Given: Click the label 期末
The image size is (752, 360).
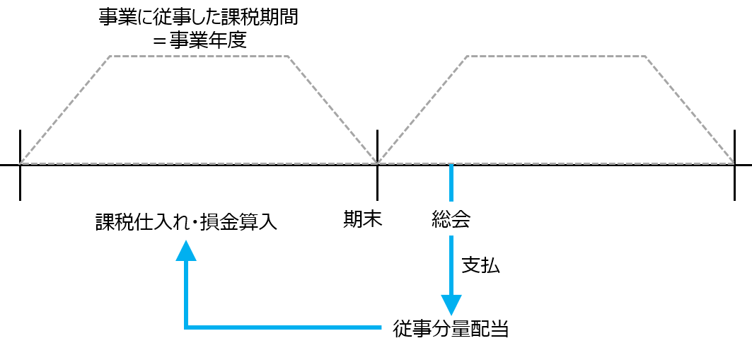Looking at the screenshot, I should [x=362, y=221].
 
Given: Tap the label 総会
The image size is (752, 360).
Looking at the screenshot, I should [x=451, y=221].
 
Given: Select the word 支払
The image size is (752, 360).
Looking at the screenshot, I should [x=480, y=265].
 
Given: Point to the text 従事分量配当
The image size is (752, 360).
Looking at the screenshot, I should [x=451, y=328].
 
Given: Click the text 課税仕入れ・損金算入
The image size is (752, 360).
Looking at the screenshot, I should [x=186, y=222].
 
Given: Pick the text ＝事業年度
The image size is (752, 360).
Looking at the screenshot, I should [x=199, y=40].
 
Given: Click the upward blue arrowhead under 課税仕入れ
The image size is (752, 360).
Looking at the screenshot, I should [x=186, y=250].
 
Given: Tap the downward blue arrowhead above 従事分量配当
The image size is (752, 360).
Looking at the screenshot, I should [x=451, y=304].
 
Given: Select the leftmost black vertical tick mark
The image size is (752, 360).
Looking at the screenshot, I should [x=21, y=165].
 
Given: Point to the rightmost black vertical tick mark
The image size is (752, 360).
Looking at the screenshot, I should [x=735, y=165].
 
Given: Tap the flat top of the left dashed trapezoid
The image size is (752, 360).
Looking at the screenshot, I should [x=199, y=56].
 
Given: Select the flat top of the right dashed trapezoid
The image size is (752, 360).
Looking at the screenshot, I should [x=556, y=56].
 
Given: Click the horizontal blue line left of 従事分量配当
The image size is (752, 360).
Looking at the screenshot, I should [x=283, y=327].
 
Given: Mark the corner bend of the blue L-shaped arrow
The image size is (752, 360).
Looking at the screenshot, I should [x=186, y=327].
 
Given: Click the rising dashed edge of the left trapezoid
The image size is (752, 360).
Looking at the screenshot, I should [x=65, y=110].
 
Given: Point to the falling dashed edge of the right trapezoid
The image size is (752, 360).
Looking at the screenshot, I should [x=690, y=110].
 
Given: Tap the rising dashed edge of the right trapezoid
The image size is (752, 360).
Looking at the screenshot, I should [x=422, y=110].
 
